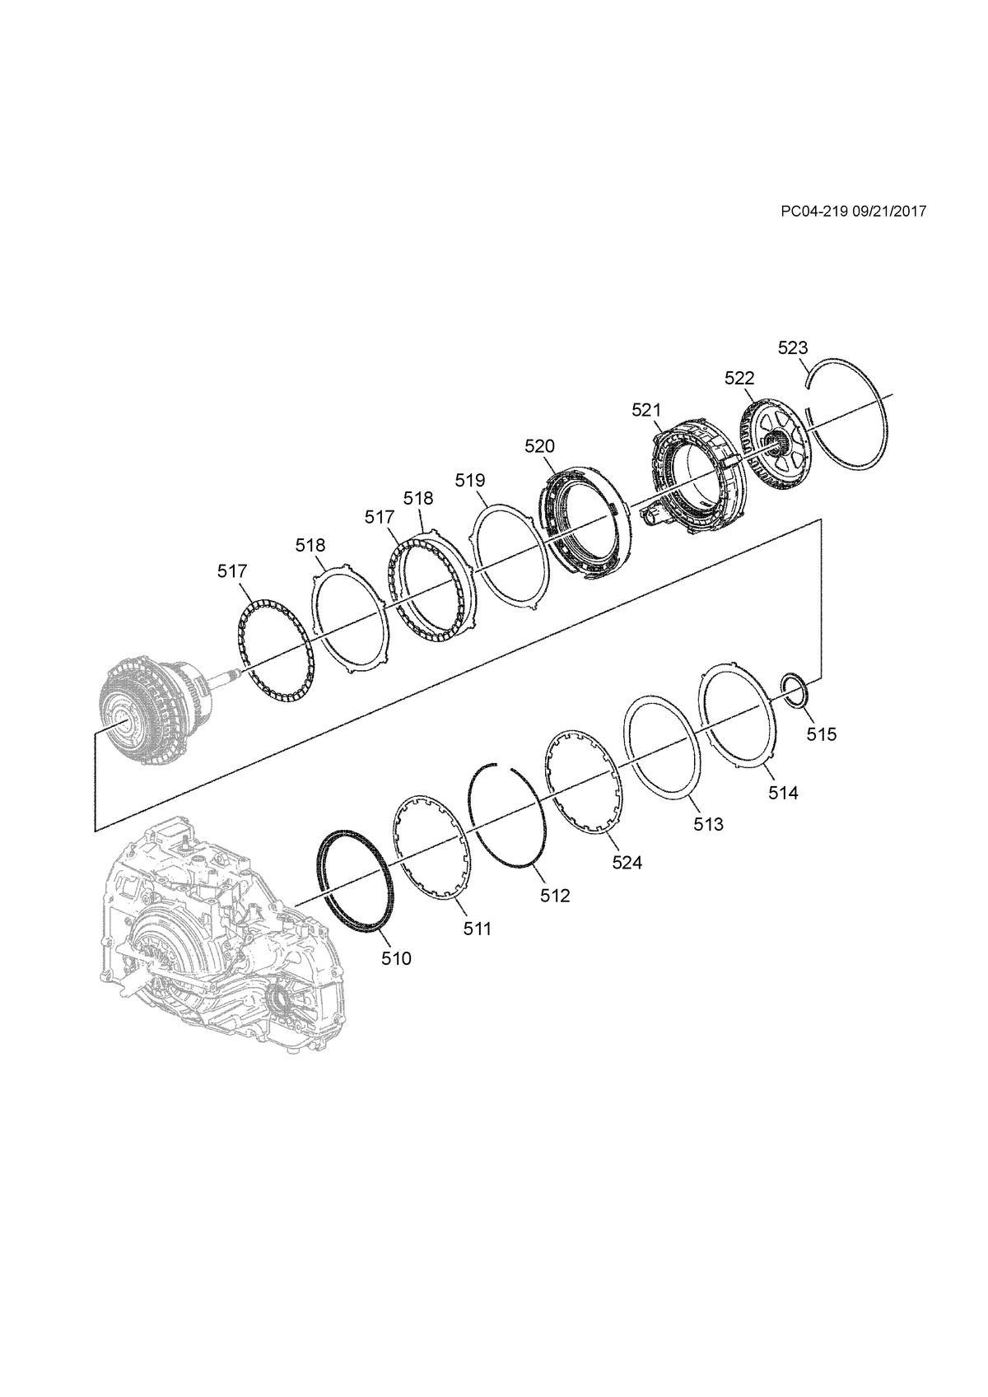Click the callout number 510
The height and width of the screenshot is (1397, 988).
click(397, 958)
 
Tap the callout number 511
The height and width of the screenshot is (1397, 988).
click(478, 929)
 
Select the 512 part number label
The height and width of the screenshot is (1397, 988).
click(555, 896)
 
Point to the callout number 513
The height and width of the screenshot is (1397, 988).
click(709, 824)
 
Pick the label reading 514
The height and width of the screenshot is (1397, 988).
click(784, 793)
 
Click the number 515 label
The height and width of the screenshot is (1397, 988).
click(822, 734)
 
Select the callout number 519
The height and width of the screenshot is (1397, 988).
click(470, 480)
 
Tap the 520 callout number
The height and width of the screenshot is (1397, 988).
click(539, 446)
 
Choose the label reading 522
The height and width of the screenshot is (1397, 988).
click(739, 378)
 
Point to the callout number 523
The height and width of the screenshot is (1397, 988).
click(793, 347)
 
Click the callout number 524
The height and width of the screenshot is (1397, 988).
click(627, 863)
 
